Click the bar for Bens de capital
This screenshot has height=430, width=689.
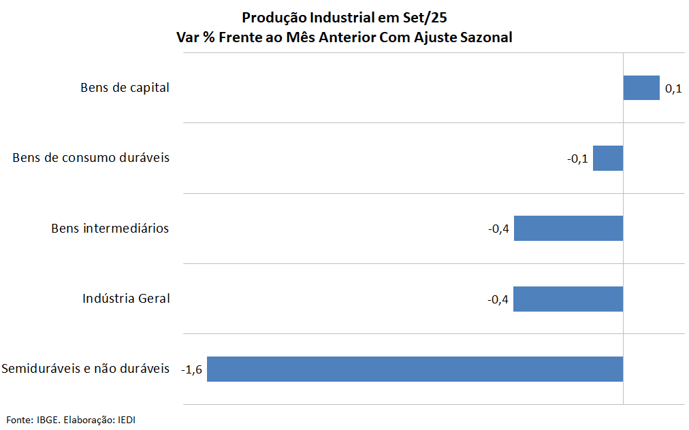coord(641,88)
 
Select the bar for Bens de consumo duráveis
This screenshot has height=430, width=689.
coord(608,158)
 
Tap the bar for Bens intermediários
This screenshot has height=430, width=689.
coord(568,229)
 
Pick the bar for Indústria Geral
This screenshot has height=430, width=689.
coord(568,299)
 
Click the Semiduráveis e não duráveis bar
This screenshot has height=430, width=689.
coord(415,369)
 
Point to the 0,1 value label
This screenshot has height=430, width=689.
coord(673,88)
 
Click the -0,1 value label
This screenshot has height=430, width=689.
coord(577,159)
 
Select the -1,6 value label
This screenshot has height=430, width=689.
coord(193,369)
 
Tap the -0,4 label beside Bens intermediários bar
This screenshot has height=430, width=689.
coord(498,229)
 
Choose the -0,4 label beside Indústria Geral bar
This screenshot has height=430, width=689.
coord(498,299)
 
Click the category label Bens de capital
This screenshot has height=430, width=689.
coord(125,88)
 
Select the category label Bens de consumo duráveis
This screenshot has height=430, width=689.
coord(91,158)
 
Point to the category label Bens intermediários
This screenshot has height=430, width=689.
coord(110,229)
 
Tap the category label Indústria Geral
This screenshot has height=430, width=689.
coord(126,299)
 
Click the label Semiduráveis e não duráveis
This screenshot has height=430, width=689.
coord(85,369)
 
